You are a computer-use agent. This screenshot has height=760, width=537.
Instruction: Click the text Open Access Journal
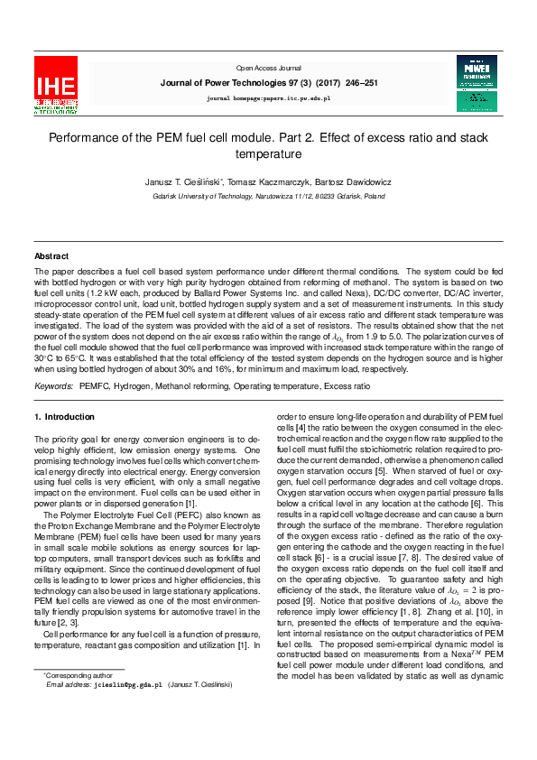(x=268, y=68)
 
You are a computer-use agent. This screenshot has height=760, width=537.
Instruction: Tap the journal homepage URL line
(x=268, y=97)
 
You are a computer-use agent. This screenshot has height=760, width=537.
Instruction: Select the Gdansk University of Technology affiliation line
(x=268, y=196)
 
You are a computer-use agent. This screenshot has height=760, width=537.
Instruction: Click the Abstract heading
(x=51, y=256)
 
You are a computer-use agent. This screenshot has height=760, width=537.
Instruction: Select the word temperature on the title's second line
(x=268, y=154)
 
